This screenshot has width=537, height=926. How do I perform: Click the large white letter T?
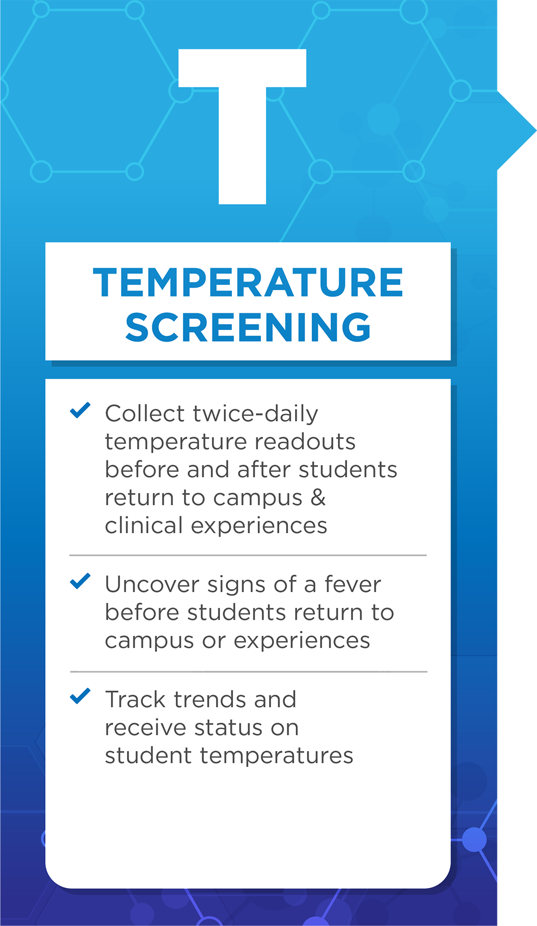pyautogui.click(x=242, y=127)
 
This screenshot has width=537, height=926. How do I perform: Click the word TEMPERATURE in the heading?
pyautogui.click(x=248, y=282)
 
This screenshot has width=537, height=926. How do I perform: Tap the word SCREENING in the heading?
pyautogui.click(x=248, y=327)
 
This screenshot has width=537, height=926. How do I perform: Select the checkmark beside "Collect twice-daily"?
pyautogui.click(x=80, y=410)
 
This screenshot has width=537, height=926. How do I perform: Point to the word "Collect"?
pyautogui.click(x=145, y=414)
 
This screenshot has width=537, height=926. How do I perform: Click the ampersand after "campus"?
pyautogui.click(x=318, y=497)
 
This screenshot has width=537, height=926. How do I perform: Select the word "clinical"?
pyautogui.click(x=144, y=525)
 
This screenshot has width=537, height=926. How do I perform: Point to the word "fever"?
pyautogui.click(x=353, y=584)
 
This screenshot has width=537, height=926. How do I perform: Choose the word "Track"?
pyautogui.click(x=136, y=700)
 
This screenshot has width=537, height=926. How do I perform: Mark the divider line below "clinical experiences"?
pyautogui.click(x=248, y=556)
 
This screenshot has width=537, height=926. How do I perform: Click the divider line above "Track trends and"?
pyautogui.click(x=248, y=671)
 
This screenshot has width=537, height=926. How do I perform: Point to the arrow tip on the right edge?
pyautogui.click(x=535, y=130)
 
